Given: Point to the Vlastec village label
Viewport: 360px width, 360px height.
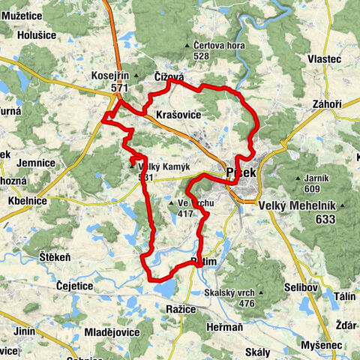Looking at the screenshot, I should (x=324, y=58).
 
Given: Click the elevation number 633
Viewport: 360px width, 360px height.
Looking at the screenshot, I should (x=325, y=219).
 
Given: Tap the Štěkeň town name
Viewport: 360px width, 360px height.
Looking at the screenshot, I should (x=55, y=257).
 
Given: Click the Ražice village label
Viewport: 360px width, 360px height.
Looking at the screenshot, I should (x=181, y=308).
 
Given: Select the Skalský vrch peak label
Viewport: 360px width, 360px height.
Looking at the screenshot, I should (x=234, y=292).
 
